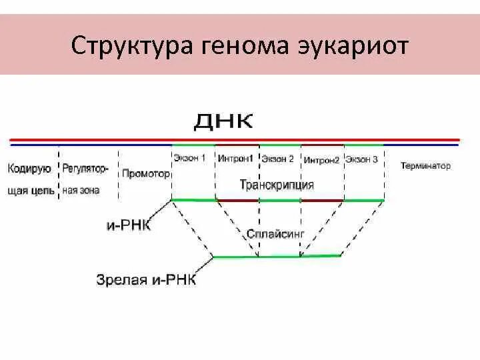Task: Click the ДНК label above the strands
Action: point(224,121)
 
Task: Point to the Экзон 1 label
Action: point(190,159)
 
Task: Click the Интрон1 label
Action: point(235,159)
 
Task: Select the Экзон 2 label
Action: point(277,159)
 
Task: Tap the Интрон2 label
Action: point(321,160)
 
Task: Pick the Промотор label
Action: point(146,173)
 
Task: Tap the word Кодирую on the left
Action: point(30,167)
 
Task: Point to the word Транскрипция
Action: point(277,185)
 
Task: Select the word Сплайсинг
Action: point(275,235)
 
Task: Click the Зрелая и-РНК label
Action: point(146,279)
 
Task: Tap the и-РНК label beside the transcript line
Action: point(129,226)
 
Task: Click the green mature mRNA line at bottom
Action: point(277,257)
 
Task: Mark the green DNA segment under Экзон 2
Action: point(280,145)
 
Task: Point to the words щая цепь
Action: point(31,191)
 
